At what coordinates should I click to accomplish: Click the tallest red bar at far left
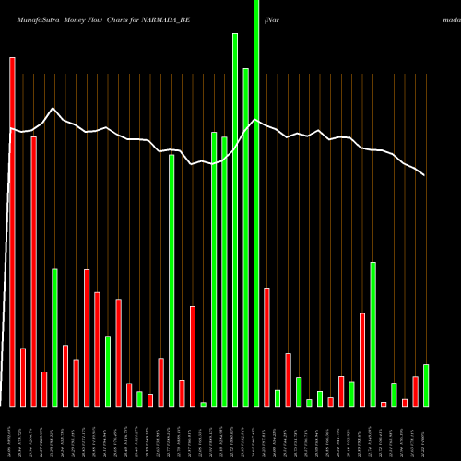point(12,230)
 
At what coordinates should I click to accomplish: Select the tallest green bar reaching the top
point(256,203)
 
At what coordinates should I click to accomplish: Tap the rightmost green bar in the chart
point(425,385)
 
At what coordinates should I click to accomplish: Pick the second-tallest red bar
point(33,271)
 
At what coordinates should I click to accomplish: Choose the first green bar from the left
point(54,337)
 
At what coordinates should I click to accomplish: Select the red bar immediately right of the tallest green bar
point(266,347)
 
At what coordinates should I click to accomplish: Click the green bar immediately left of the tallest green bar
point(245,237)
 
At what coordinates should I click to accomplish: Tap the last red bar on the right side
point(415,391)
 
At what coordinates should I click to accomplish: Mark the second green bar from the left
point(107,371)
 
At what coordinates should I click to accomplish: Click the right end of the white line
point(425,174)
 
